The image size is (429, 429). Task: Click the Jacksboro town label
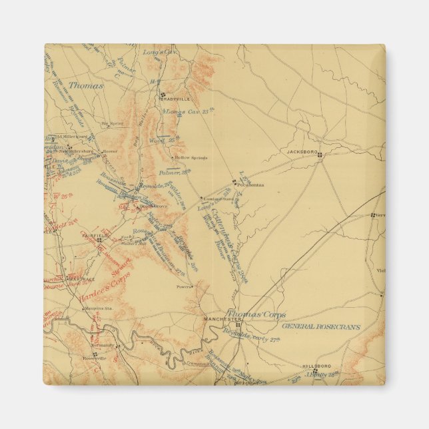click(300, 151)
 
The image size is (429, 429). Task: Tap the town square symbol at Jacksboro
click(320, 155)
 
